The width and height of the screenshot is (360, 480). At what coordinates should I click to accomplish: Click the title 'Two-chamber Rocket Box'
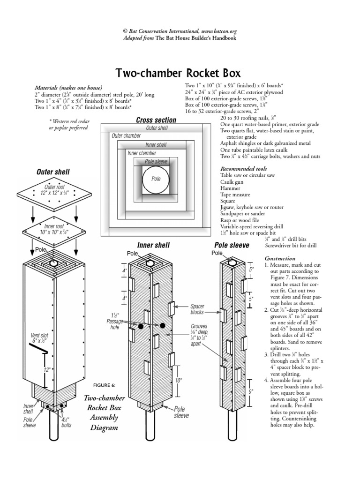178,73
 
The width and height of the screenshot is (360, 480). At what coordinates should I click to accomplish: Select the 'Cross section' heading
156,120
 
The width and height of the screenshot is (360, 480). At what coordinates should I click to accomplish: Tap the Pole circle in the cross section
156,180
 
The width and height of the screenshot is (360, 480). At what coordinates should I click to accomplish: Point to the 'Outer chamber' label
126,136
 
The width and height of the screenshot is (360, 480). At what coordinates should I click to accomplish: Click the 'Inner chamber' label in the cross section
142,153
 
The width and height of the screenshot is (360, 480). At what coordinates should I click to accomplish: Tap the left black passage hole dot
140,325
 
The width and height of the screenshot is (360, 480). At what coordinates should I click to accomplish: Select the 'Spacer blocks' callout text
197,309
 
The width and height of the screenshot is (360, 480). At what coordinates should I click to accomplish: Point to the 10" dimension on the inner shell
178,381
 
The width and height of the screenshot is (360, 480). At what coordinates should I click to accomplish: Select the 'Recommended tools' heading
239,168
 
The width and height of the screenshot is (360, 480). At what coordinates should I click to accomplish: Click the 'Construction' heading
280,258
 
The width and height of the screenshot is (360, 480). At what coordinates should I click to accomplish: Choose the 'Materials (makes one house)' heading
68,88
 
